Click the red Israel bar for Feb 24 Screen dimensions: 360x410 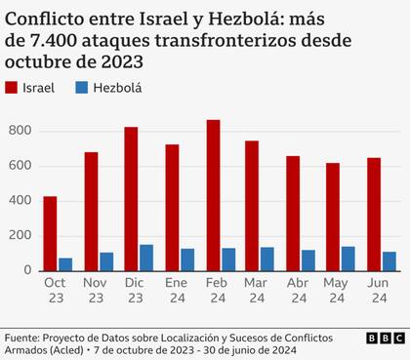tap(213, 195)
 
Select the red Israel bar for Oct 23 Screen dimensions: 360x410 tap(50, 233)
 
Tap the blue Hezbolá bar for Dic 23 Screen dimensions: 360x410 tap(146, 258)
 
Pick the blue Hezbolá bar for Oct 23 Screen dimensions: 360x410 tap(65, 264)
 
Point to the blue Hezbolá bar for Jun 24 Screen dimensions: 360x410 tap(389, 261)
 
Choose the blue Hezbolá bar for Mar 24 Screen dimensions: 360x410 tap(267, 259)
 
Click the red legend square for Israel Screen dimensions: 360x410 tap(14, 88)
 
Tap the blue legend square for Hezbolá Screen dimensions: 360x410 tap(83, 88)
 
